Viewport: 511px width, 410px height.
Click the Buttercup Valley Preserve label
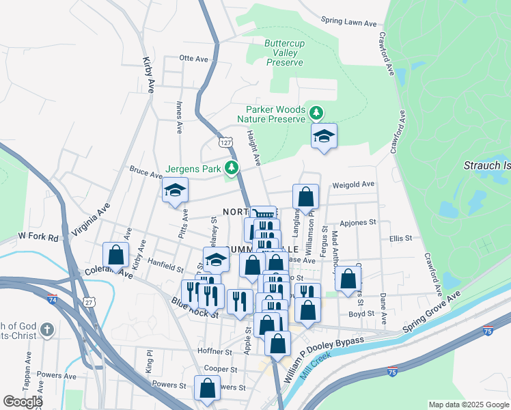(x=284, y=53)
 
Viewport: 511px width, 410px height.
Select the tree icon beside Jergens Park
(x=232, y=167)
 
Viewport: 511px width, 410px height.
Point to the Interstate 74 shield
(x=53, y=299)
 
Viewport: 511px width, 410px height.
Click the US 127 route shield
(x=225, y=142)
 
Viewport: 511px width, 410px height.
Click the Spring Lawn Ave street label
(x=348, y=23)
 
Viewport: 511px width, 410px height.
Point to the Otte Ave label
(x=193, y=59)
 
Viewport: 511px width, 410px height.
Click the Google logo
(x=23, y=402)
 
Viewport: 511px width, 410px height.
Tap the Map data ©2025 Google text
(x=468, y=405)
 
